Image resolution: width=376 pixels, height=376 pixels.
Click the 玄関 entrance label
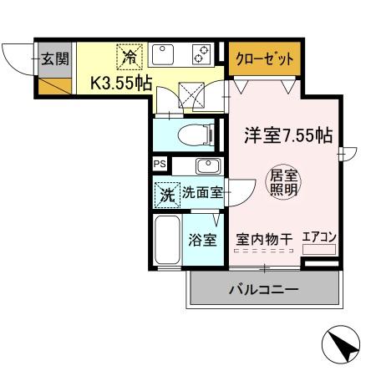pyautogui.click(x=54, y=58)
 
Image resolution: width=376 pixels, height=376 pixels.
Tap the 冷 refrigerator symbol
pyautogui.click(x=130, y=57)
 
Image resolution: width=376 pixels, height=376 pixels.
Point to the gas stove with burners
pyautogui.click(x=202, y=56)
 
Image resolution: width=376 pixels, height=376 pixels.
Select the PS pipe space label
pyautogui.click(x=159, y=164)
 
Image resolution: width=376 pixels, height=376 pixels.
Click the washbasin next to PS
pyautogui.click(x=206, y=164)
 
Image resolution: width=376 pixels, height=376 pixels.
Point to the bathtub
pyautogui.click(x=167, y=241)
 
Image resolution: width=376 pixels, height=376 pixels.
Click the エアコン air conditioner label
pyautogui.click(x=318, y=237)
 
